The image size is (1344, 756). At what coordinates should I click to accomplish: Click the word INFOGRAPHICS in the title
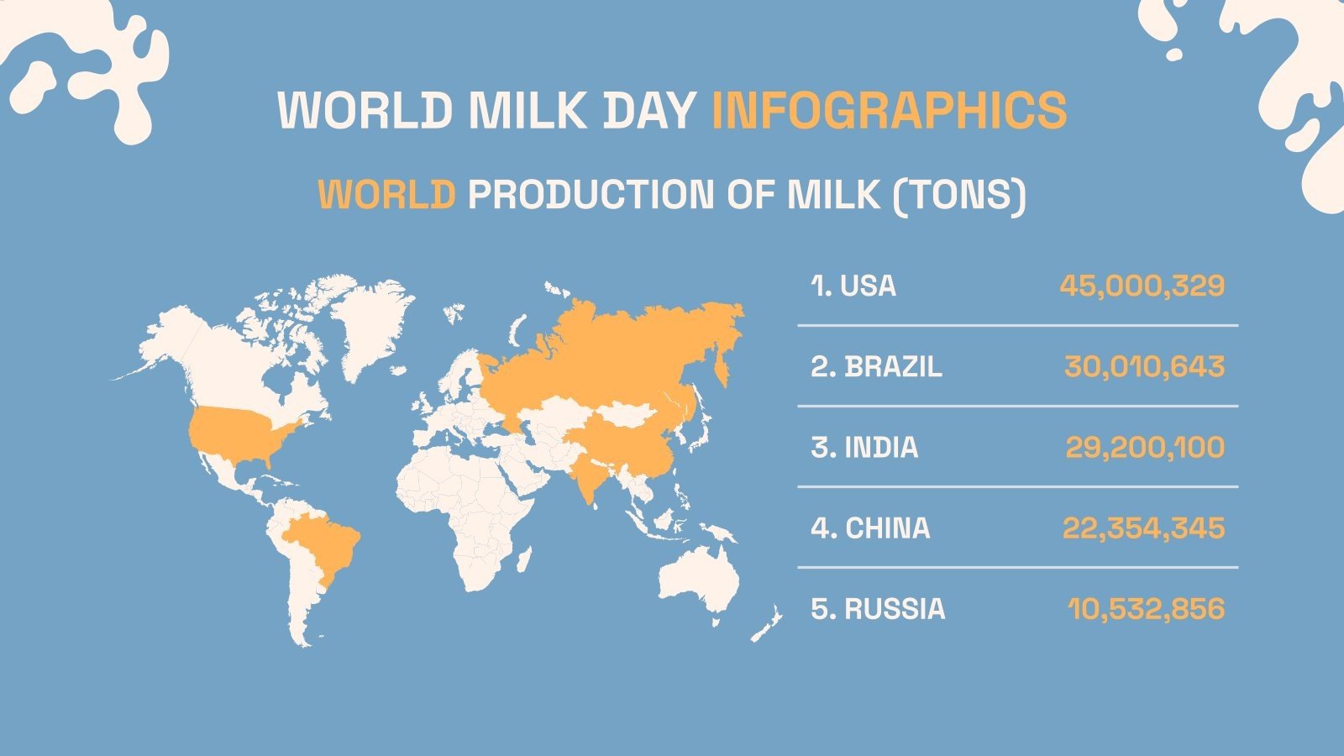pos(889,109)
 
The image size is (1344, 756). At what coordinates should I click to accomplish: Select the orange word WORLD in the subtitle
pos(386,195)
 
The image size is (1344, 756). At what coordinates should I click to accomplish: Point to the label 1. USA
pos(853,286)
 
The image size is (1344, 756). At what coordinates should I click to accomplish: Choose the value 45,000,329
pos(1142,286)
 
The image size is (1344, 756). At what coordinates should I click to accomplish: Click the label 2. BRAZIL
pos(876,367)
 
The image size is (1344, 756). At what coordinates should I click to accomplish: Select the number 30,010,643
pos(1144,367)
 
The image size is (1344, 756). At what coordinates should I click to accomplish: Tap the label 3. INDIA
pos(864,448)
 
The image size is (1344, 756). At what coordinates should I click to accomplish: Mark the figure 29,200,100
pos(1145,448)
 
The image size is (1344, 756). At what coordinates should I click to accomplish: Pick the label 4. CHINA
pos(870,528)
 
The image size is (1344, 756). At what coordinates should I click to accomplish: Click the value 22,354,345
pos(1143,528)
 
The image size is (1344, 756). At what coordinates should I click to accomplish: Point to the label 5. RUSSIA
pos(878,609)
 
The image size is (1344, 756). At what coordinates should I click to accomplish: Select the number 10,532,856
pos(1146,609)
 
